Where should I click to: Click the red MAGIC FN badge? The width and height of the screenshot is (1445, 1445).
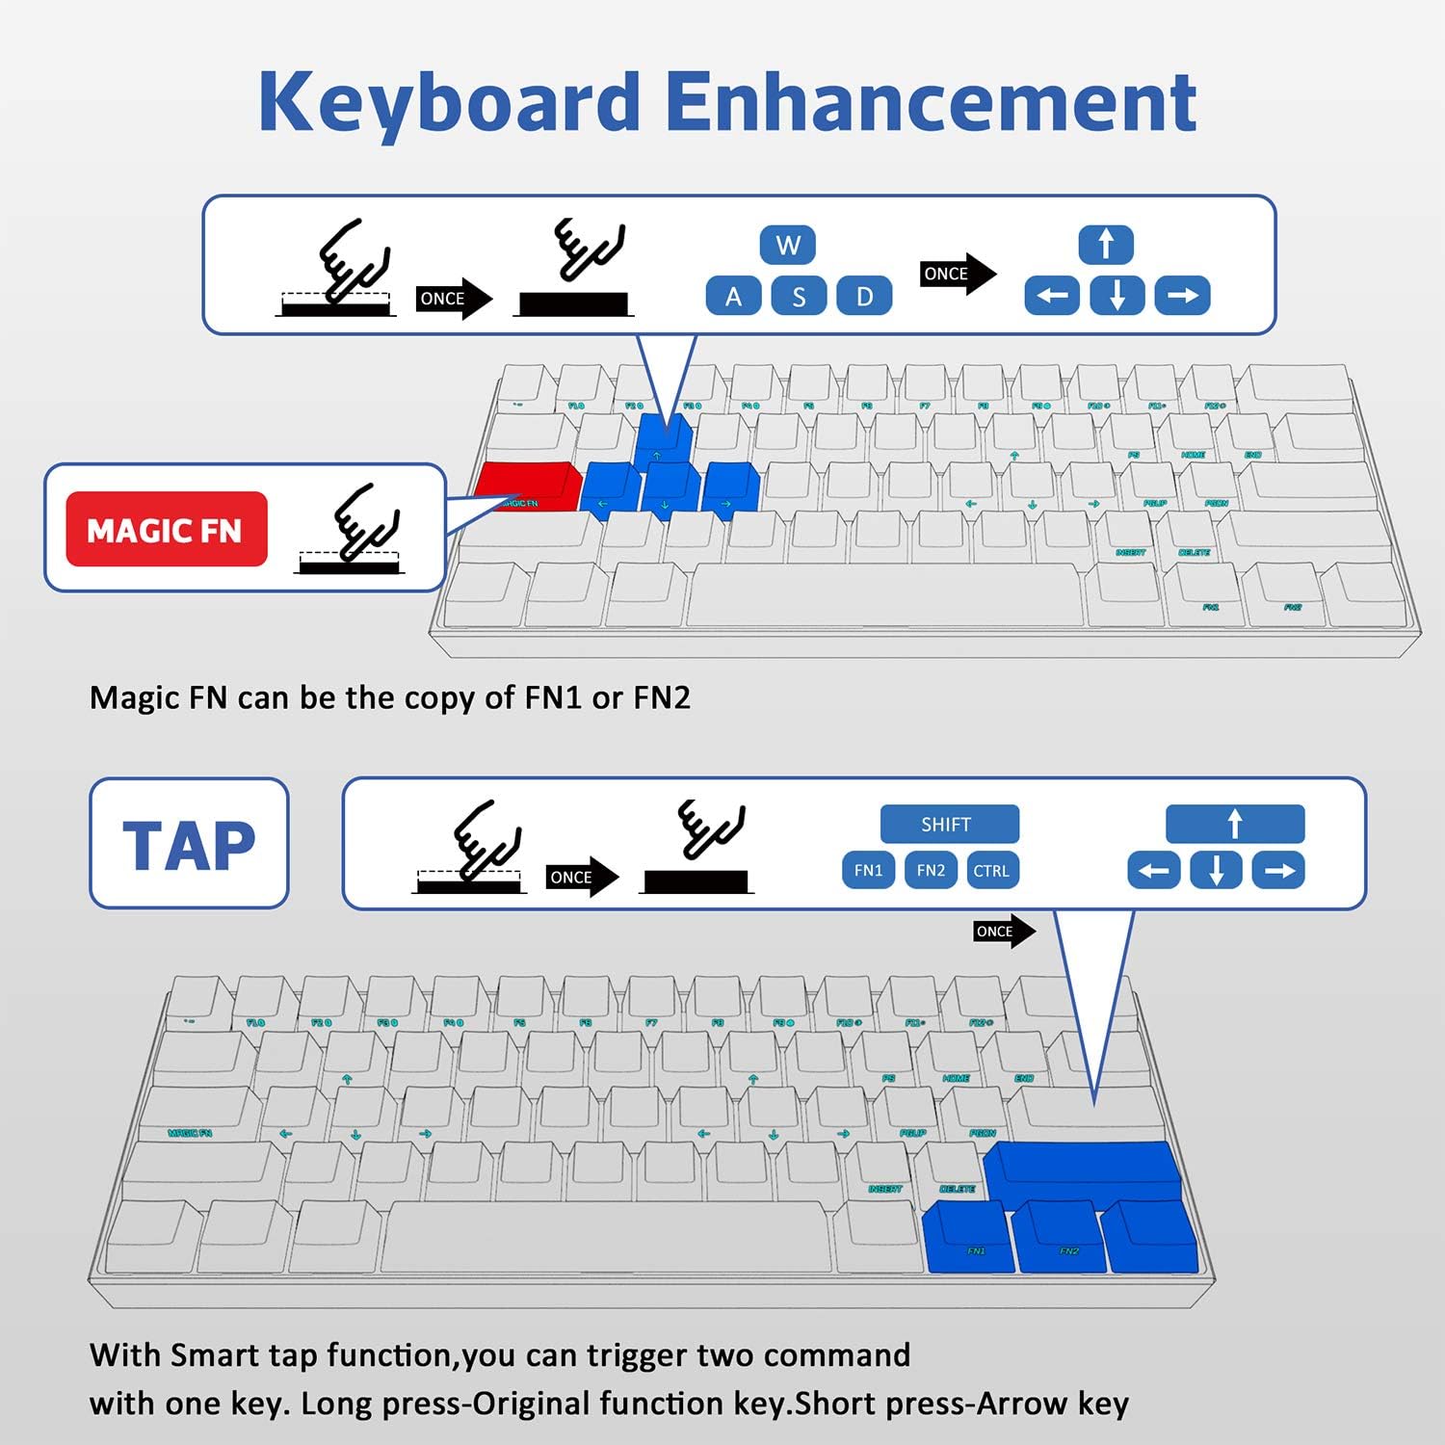[x=166, y=529]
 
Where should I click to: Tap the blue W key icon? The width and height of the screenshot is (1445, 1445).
[x=787, y=246]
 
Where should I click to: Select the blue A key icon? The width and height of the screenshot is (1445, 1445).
[x=733, y=296]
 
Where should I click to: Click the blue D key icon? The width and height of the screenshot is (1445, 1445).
[x=864, y=296]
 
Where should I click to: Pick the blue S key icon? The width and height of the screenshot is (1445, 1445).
[x=799, y=296]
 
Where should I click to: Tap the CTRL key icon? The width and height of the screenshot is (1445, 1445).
[x=991, y=871]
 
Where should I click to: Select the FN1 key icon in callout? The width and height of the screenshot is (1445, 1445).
[x=868, y=871]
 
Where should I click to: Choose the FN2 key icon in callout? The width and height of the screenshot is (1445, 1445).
[x=931, y=871]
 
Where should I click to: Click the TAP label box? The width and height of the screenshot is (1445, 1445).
[x=189, y=844]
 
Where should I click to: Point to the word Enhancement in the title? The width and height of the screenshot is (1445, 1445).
[x=931, y=102]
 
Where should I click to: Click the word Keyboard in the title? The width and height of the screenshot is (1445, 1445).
[x=449, y=102]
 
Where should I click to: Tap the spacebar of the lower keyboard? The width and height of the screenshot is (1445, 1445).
[x=607, y=1236]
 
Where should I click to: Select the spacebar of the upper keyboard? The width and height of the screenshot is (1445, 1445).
[x=884, y=592]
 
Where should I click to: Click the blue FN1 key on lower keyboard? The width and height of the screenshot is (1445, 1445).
[x=967, y=1238]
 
